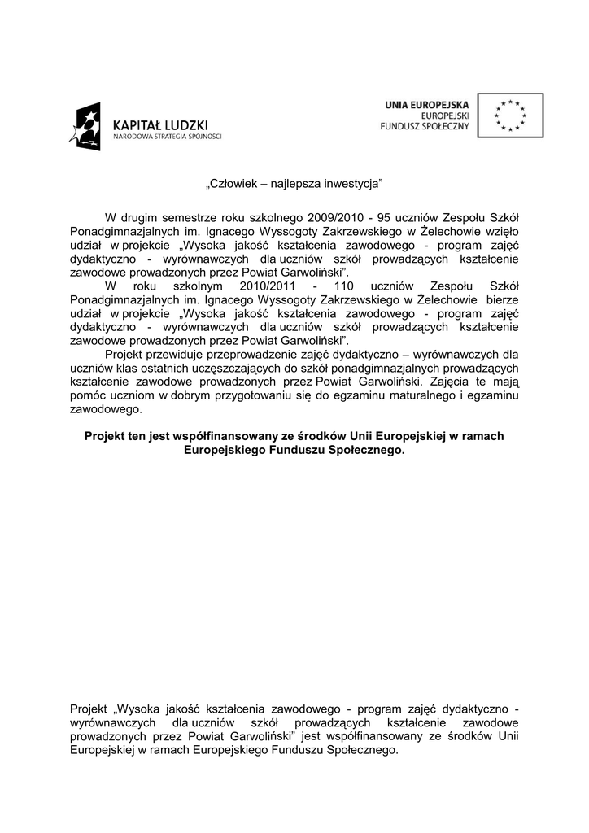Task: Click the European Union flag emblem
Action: pos(511,115)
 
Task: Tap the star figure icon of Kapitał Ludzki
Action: pos(86,127)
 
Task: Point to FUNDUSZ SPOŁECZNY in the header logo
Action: pos(425,128)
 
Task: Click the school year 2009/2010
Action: pos(334,218)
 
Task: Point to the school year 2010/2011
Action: pos(269,286)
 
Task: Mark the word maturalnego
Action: pos(424,395)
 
